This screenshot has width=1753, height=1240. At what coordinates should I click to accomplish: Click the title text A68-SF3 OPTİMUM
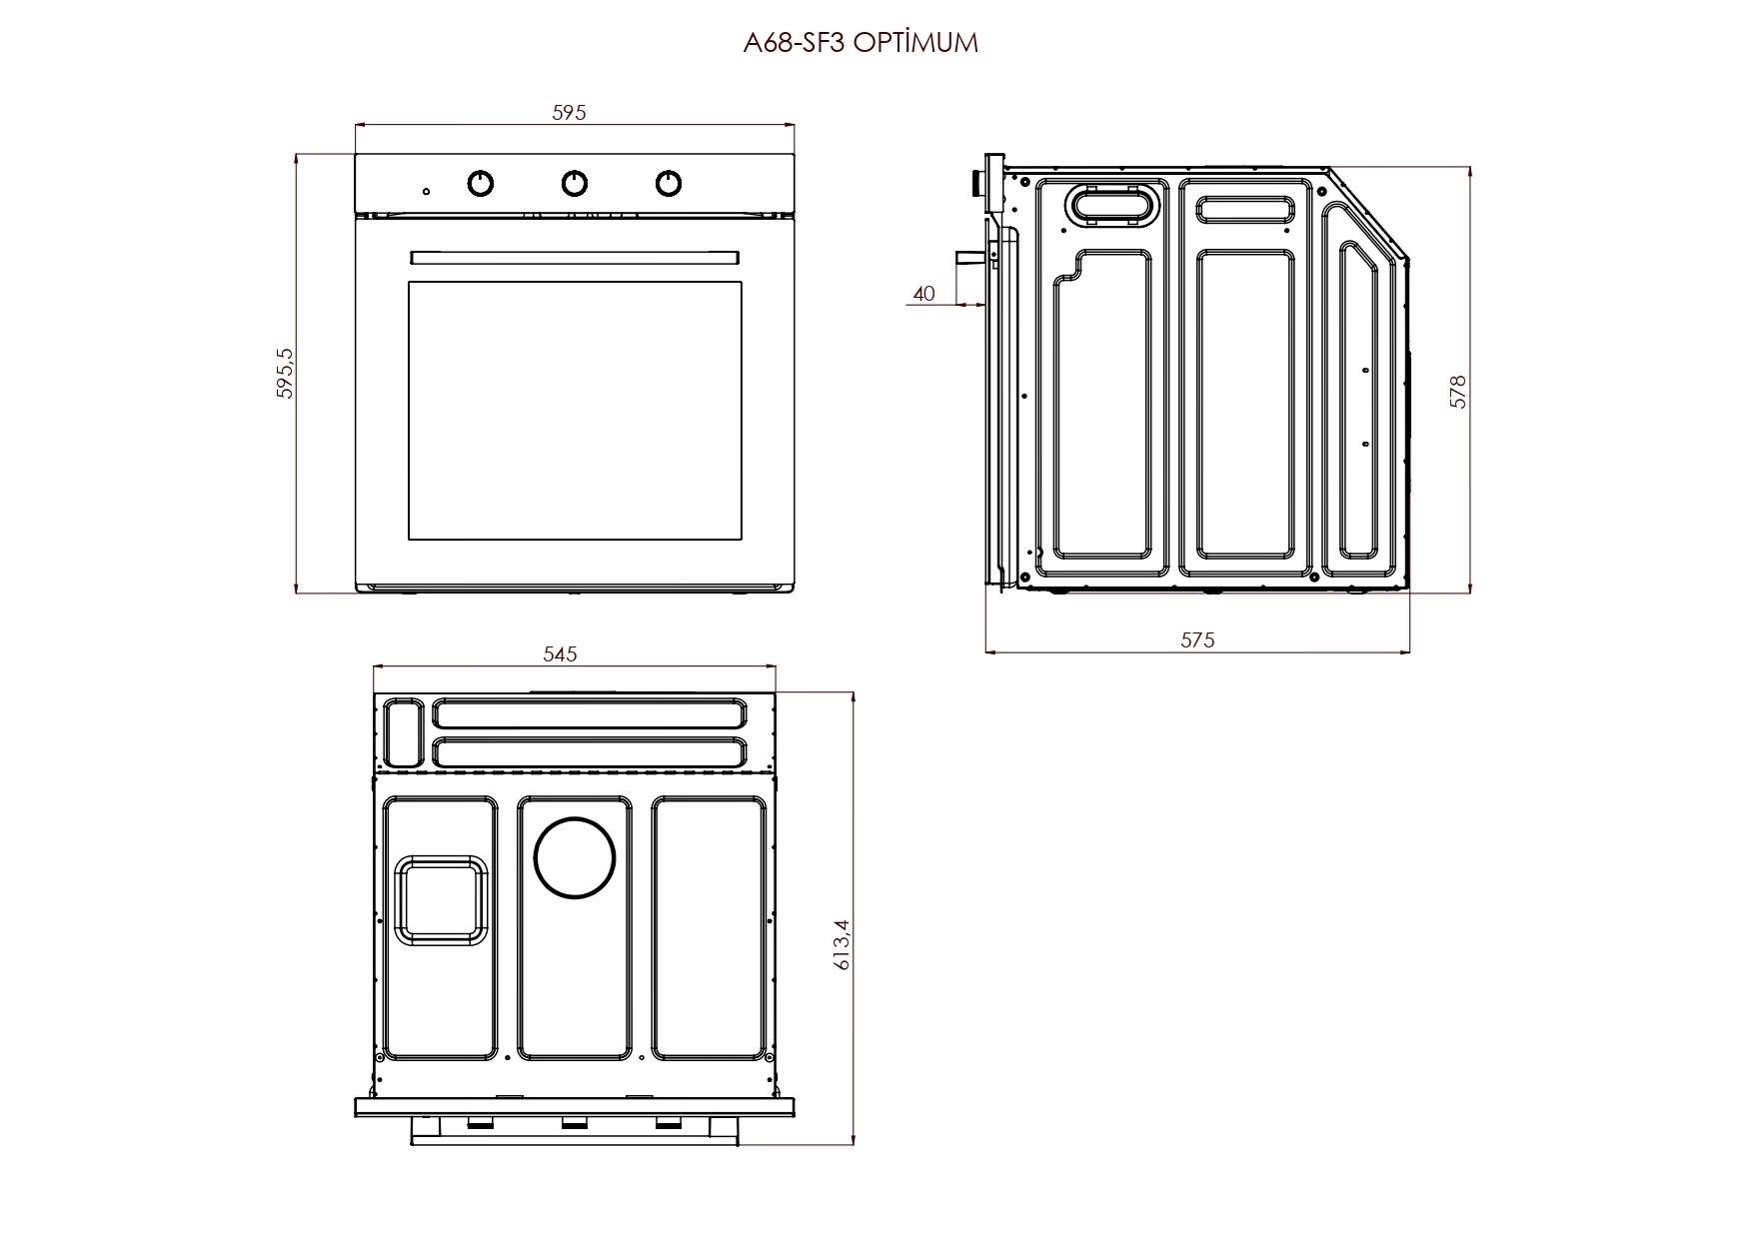point(861,43)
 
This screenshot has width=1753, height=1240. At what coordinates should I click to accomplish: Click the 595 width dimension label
point(569,113)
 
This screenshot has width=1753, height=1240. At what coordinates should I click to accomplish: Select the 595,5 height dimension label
point(285,374)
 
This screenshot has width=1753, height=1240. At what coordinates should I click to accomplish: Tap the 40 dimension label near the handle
point(924,294)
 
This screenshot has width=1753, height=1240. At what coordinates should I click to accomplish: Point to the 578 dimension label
point(1458,391)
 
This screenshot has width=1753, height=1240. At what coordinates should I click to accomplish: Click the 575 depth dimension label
point(1197,639)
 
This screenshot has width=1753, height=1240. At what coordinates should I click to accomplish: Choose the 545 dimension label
point(560,654)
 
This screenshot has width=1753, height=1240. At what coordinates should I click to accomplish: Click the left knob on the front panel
point(481,183)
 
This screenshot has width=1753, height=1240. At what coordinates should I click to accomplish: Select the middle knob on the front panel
point(574,183)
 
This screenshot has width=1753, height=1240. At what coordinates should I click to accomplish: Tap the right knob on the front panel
point(669,183)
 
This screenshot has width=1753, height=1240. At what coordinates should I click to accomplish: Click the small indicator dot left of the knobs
point(427,191)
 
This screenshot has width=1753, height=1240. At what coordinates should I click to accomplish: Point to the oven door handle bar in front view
point(575,258)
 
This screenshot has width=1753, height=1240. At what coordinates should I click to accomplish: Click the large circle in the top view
point(575,857)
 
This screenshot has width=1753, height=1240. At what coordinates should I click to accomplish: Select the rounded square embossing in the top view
point(440,899)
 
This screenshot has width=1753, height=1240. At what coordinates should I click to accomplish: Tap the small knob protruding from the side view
point(974,182)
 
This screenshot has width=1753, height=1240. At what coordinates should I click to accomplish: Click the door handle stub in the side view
point(969,256)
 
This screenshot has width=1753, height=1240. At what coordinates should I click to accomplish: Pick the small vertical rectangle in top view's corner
point(404,732)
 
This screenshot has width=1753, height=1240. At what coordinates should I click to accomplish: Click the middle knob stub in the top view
point(574,1124)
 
